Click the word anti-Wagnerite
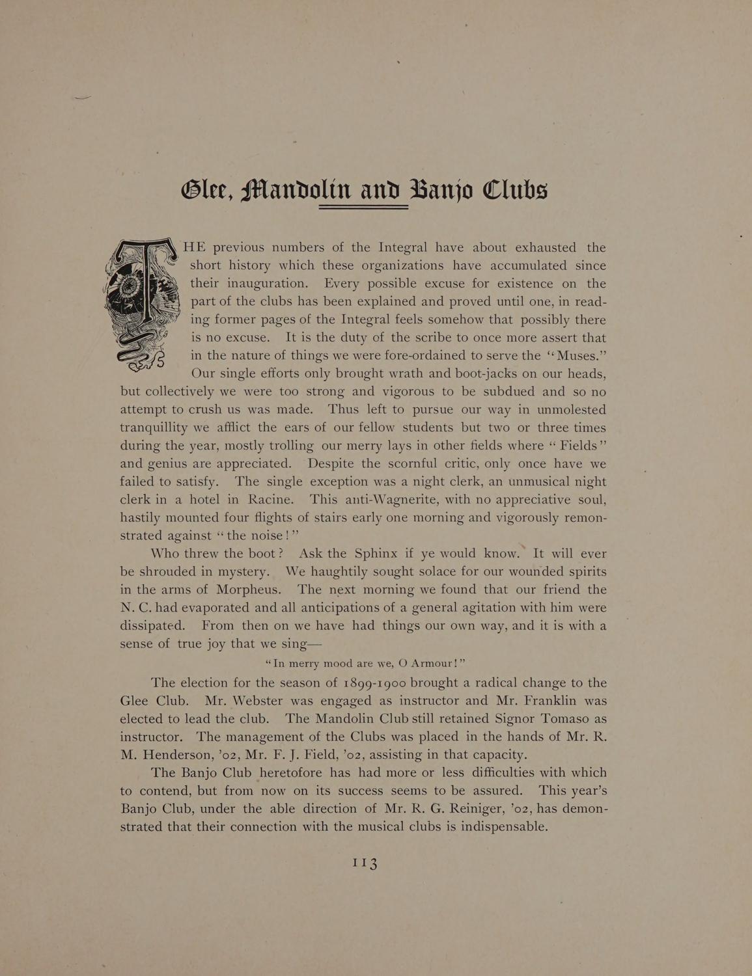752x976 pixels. [376, 500]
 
